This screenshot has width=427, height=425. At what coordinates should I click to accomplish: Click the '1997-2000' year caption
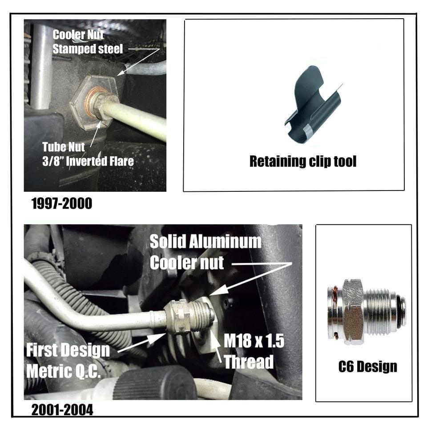coord(62,203)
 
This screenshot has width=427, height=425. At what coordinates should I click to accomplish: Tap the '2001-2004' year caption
coord(62,410)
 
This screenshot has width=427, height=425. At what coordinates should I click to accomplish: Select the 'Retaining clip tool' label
coord(303,162)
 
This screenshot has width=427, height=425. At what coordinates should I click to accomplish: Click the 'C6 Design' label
coord(368,366)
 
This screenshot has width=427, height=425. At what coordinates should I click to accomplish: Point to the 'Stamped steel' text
coord(88,49)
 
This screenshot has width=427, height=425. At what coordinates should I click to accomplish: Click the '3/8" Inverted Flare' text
coord(88,161)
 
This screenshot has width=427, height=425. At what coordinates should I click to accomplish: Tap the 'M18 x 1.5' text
coord(254,341)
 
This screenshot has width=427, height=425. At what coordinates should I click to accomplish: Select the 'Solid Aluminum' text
coord(205,242)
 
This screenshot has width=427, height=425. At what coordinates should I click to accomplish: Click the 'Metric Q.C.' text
coord(64,371)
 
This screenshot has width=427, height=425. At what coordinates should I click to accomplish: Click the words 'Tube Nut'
coord(64,147)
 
